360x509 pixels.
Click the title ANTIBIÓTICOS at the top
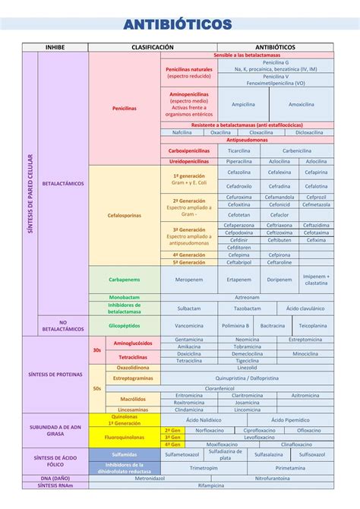(180, 25)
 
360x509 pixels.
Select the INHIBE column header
(55, 47)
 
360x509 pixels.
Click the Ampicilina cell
(243, 104)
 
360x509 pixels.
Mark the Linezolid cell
(248, 368)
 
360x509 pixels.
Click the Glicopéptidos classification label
(124, 325)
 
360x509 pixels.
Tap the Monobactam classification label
(124, 297)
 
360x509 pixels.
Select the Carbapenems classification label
(124, 279)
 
